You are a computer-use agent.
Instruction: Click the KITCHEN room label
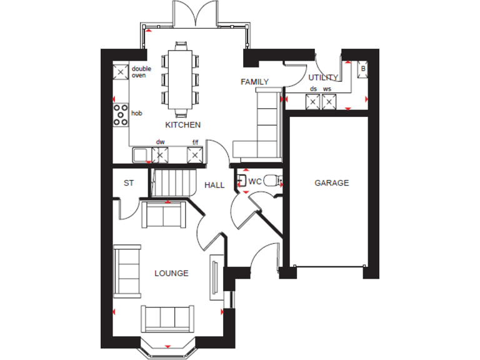182,124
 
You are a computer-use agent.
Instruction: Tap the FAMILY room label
254,82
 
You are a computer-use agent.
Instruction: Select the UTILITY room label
323,77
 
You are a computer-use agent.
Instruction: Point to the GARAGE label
331,183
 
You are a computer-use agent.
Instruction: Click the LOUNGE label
171,273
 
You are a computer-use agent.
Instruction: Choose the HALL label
214,185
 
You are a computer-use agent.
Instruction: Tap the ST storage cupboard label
129,183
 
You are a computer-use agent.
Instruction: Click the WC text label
254,182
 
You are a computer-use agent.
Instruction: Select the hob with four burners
120,114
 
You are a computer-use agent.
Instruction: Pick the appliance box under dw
160,154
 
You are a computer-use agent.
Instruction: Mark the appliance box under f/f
196,154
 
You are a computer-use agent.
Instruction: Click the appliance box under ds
313,100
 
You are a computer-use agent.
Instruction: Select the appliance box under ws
329,100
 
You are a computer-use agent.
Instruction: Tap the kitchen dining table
181,79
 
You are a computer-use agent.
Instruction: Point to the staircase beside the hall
169,183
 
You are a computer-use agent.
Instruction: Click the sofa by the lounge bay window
166,319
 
